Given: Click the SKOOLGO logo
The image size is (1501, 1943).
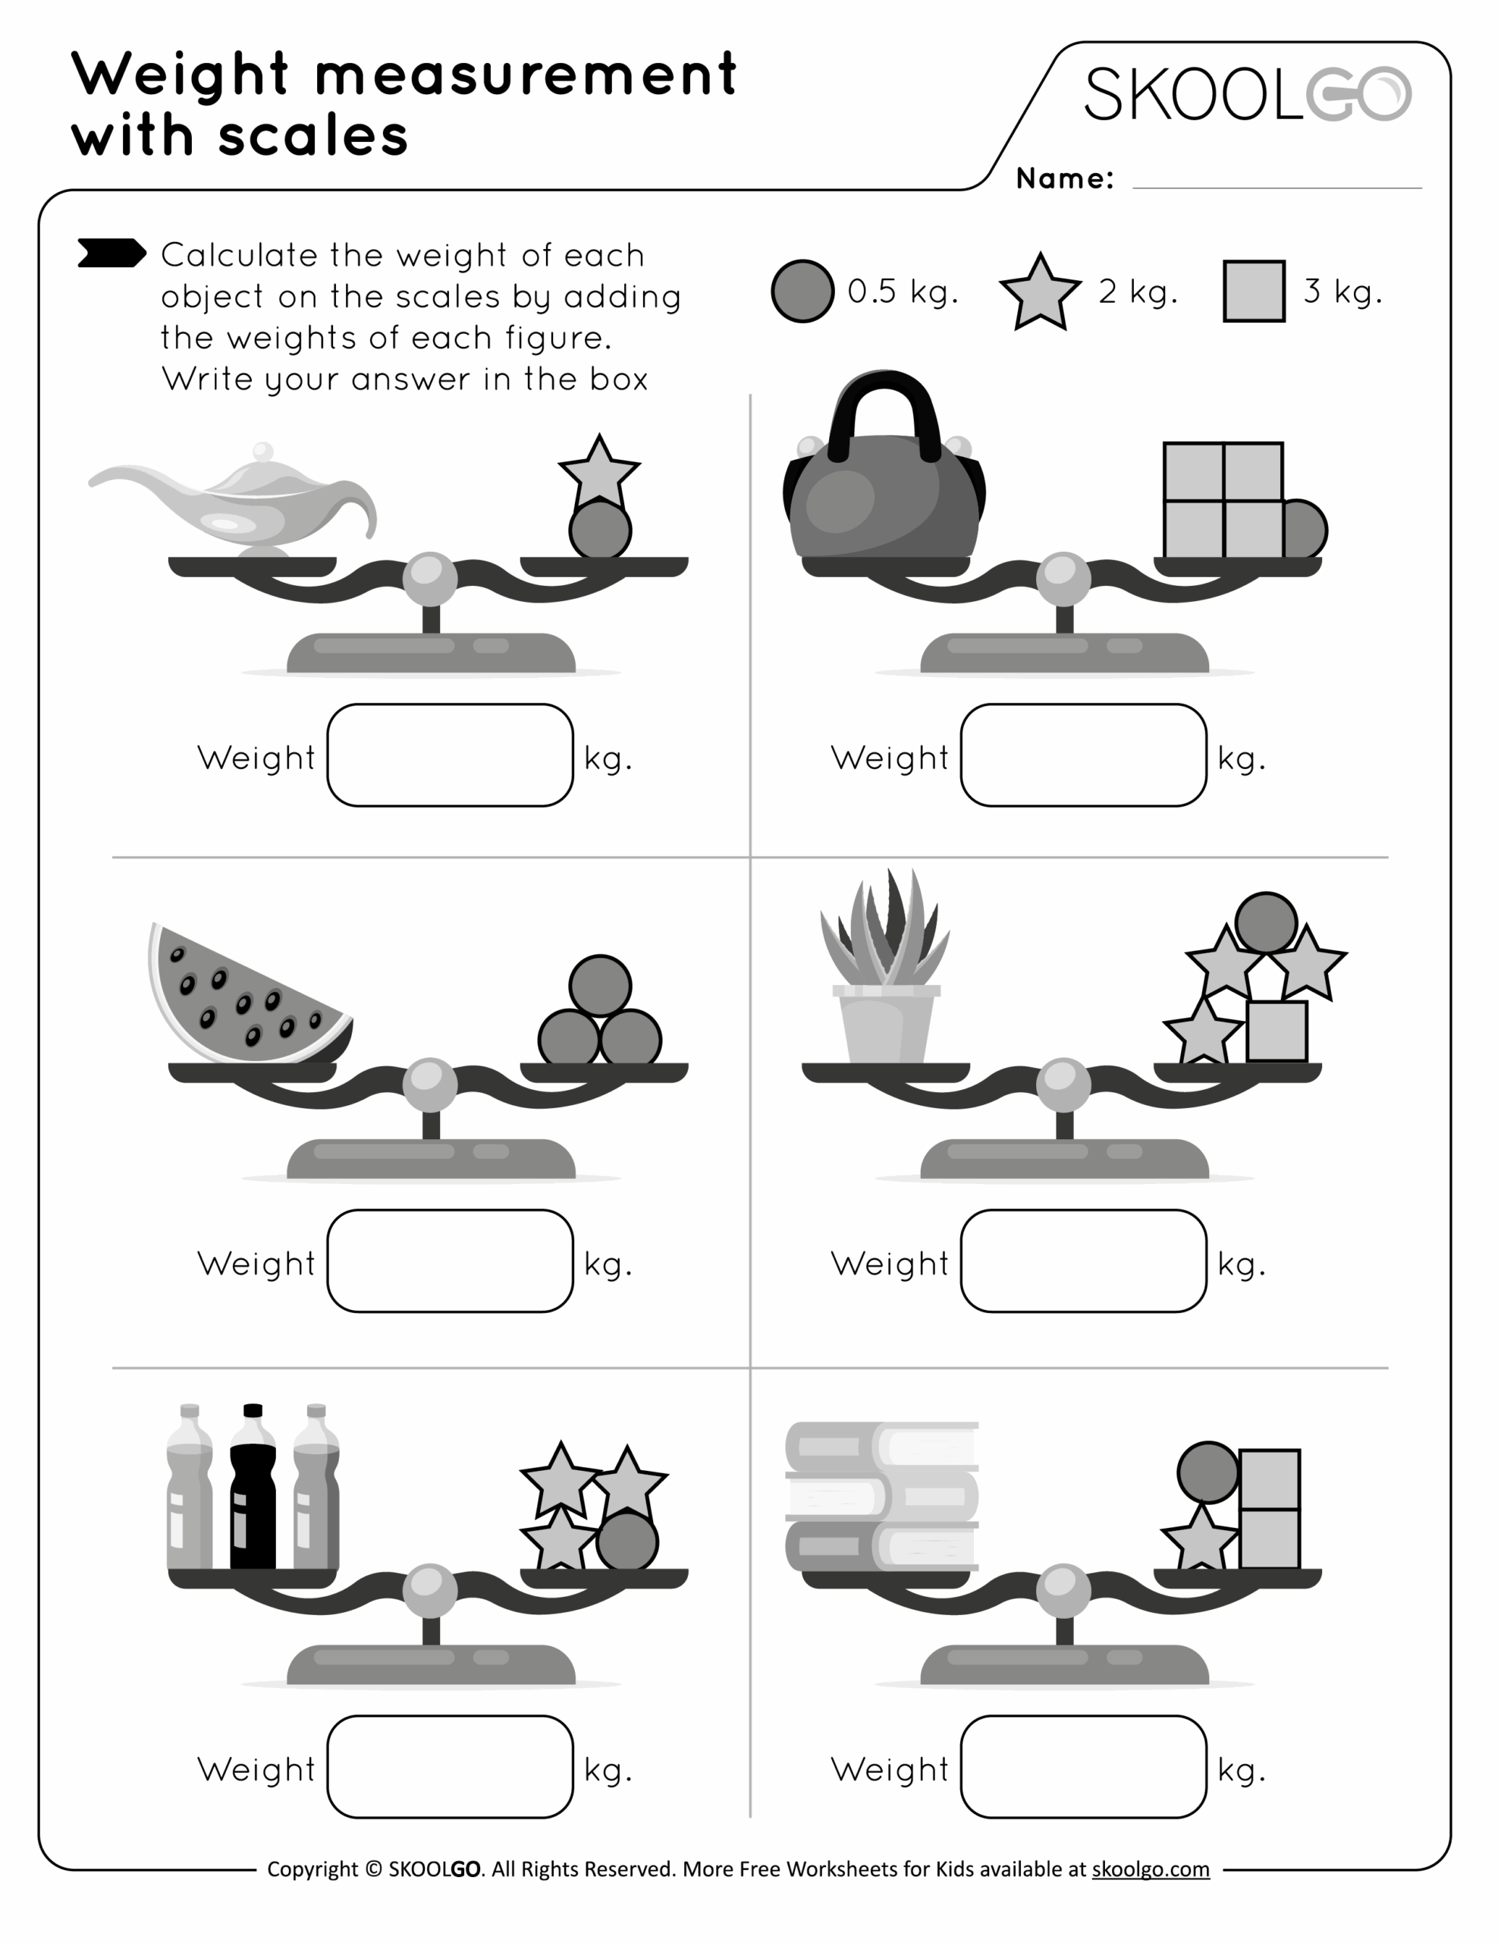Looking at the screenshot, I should pos(1247,93).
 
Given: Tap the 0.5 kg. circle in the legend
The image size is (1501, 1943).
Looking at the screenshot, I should pos(802,291).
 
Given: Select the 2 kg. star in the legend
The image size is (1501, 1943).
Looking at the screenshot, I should pos(1040,294).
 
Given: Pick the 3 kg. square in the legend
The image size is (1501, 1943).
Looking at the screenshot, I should pos(1254,291).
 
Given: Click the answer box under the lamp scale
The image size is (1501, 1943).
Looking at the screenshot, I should pos(450,755).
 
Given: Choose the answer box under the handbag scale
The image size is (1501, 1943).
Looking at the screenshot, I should pos(1083,755).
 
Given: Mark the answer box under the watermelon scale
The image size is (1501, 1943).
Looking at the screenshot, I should pos(450,1261).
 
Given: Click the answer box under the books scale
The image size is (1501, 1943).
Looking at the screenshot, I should pos(1083,1766).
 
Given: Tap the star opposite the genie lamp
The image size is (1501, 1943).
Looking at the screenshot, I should pos(598,472).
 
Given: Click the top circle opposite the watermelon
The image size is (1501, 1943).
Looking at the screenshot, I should pos(600,986).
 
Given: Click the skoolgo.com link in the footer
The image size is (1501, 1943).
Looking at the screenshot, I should pos(1150,1869).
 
